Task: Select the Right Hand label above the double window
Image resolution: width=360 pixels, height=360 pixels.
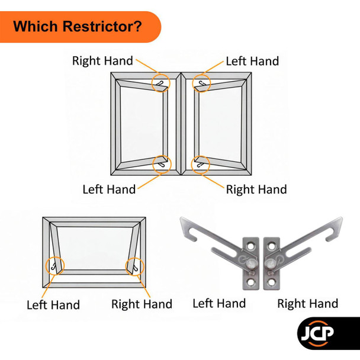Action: tap(102, 60)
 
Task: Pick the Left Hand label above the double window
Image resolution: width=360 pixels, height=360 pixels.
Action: tap(252, 61)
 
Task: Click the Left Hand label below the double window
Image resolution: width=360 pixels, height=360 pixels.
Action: tap(109, 189)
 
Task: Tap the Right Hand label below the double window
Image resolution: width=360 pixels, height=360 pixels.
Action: tap(256, 189)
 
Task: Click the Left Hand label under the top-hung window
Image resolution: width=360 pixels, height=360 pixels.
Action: tap(53, 305)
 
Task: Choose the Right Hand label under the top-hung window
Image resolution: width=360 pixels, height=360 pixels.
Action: tap(142, 304)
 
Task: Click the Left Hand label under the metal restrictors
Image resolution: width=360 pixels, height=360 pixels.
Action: tap(219, 303)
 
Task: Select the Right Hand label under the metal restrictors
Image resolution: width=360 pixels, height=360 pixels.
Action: tap(308, 304)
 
